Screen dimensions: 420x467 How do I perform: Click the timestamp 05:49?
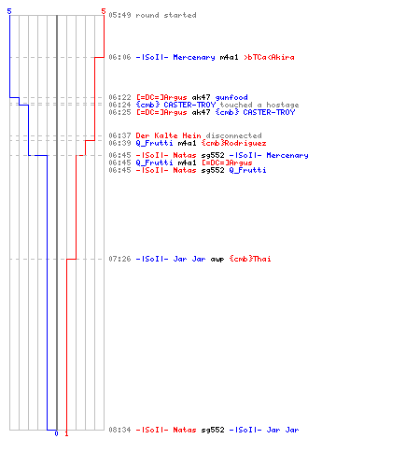click(119, 15)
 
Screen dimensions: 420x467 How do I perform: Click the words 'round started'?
click(166, 15)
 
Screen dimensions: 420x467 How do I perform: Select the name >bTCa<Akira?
click(269, 57)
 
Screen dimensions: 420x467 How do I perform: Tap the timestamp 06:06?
click(119, 57)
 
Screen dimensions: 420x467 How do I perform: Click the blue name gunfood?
click(231, 97)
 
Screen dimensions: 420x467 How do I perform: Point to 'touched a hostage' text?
click(259, 105)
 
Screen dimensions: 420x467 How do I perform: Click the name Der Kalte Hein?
click(168, 135)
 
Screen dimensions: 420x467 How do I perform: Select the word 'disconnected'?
click(233, 135)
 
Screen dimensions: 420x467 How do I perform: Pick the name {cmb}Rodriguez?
click(233, 143)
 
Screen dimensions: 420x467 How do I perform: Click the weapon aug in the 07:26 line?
click(217, 260)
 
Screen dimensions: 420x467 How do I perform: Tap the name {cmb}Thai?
click(250, 259)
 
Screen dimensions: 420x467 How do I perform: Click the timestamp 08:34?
click(119, 430)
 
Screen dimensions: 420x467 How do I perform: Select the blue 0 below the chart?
click(56, 433)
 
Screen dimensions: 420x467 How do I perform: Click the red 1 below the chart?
click(66, 433)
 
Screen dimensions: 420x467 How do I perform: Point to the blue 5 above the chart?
click(9, 11)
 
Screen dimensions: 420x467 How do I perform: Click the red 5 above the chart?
click(104, 11)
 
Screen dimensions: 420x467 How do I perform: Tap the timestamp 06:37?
click(119, 135)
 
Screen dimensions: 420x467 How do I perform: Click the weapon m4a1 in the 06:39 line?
click(187, 143)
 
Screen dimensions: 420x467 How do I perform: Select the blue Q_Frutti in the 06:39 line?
click(154, 143)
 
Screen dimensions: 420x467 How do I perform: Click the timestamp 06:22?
click(119, 97)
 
